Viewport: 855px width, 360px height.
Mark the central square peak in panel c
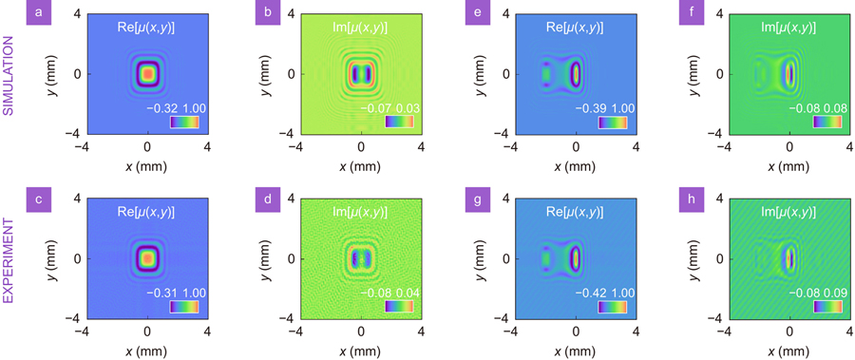point(147,257)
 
